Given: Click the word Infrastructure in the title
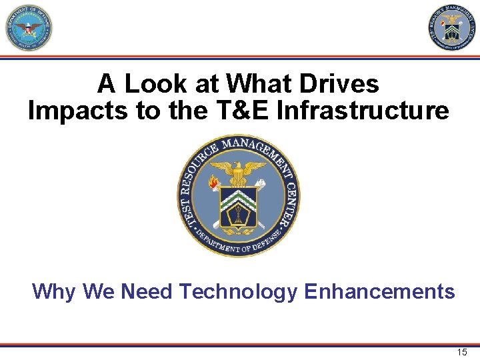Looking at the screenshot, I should coord(363,111).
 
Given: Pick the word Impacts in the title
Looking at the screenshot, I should coord(77,111).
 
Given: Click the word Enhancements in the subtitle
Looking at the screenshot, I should coord(379,291).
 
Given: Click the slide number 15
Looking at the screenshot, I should coord(462,352).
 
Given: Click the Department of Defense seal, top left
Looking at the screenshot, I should coord(28,28).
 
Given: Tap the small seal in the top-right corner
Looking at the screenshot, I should coord(452,28).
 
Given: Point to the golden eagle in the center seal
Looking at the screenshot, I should coord(239,173).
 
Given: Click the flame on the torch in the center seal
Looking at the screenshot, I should coord(213,181).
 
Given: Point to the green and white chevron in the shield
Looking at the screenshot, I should coord(238,195).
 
